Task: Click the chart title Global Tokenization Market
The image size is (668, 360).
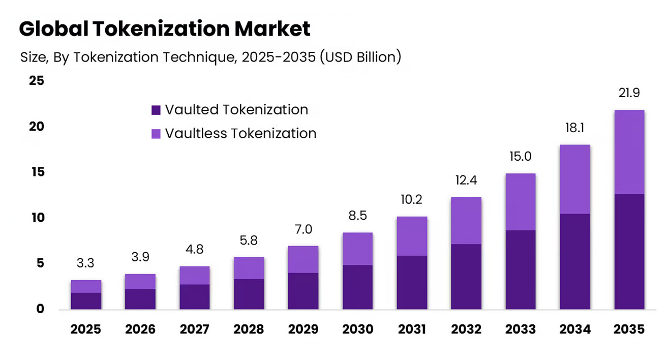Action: [165, 29]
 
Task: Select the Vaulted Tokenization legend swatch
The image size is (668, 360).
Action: [156, 110]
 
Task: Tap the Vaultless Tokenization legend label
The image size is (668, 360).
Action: [240, 133]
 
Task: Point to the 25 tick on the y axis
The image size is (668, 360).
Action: [37, 80]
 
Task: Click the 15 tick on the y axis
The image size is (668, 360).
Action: [38, 172]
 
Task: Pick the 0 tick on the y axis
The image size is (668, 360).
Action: [40, 309]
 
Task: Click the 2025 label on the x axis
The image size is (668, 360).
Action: [85, 329]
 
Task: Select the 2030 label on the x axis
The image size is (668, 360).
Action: [357, 329]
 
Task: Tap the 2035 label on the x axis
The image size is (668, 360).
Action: [629, 329]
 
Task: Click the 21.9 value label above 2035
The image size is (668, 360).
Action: [629, 93]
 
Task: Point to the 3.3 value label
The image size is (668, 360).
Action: [85, 263]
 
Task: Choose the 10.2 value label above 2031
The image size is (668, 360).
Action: [412, 199]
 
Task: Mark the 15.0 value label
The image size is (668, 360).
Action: [521, 157]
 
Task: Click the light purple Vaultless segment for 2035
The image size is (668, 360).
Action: [629, 152]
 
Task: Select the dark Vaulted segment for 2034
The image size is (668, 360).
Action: [575, 261]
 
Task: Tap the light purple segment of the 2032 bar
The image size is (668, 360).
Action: [466, 221]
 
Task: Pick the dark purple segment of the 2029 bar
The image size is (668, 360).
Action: [303, 291]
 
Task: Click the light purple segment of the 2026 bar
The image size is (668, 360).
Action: [140, 281]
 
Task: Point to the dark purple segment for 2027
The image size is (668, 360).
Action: [194, 297]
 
